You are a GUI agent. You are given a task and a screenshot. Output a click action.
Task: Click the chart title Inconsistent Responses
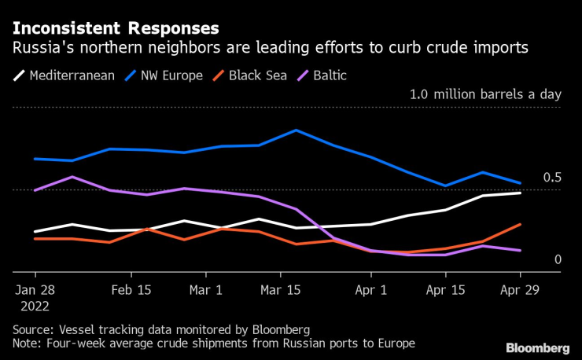pyautogui.click(x=116, y=28)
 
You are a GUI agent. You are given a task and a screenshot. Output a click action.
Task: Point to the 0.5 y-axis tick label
pyautogui.click(x=551, y=178)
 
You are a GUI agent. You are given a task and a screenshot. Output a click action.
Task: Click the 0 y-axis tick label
pyautogui.click(x=557, y=259)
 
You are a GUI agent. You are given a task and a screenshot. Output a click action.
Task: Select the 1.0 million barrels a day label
pyautogui.click(x=485, y=94)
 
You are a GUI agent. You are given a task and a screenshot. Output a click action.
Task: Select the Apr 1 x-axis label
pyautogui.click(x=371, y=289)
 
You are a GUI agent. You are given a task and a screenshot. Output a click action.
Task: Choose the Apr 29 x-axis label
pyautogui.click(x=520, y=289)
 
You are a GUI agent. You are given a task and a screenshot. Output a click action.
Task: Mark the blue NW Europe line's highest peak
pyautogui.click(x=296, y=130)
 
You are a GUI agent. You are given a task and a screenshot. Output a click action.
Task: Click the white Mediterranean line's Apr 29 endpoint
pyautogui.click(x=520, y=193)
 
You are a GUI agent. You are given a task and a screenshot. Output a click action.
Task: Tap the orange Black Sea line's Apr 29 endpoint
pyautogui.click(x=520, y=224)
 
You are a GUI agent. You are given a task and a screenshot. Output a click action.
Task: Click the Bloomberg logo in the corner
pyautogui.click(x=537, y=347)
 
